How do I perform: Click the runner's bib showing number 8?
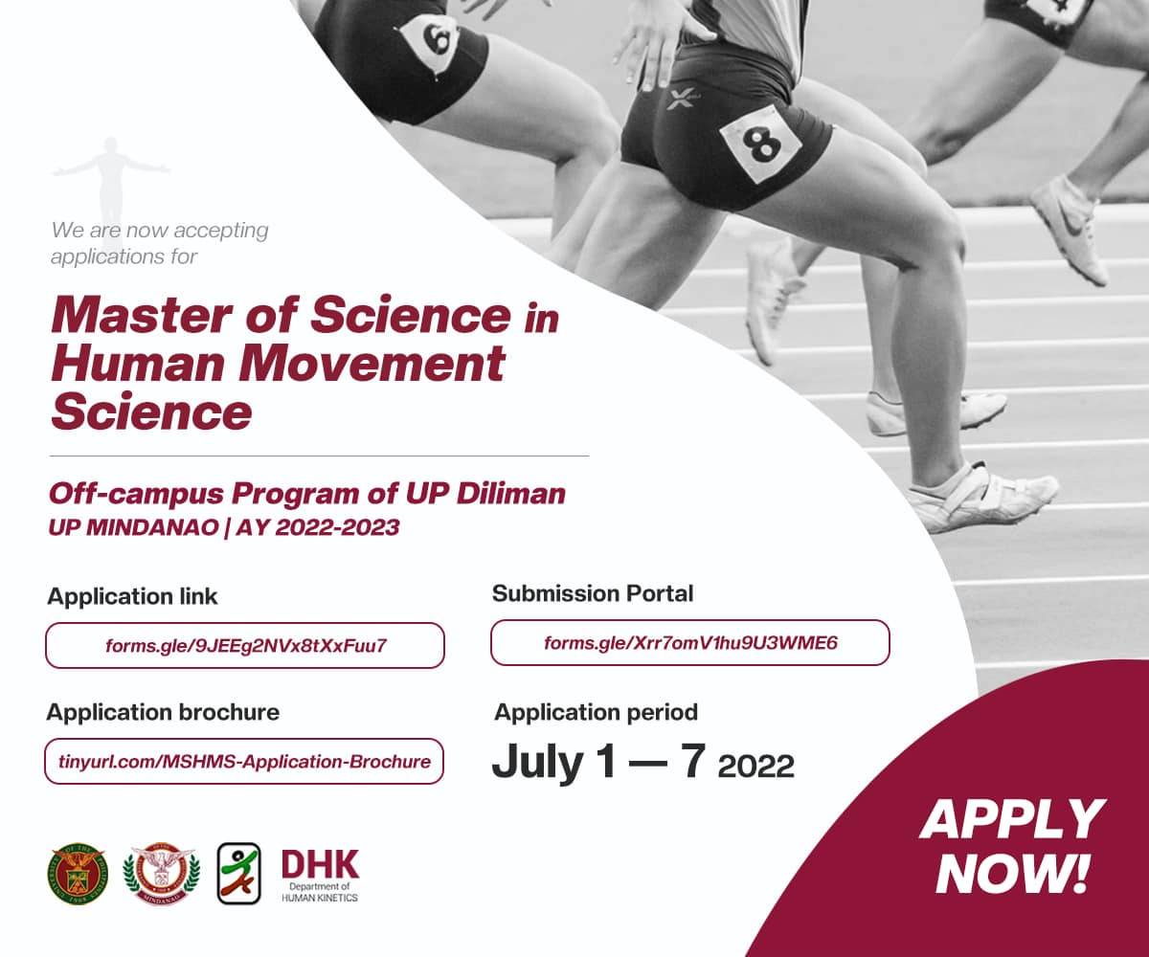tap(761, 145)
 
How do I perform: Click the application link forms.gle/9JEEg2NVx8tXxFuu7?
tap(245, 645)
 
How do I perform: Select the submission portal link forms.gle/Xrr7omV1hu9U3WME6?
tap(690, 642)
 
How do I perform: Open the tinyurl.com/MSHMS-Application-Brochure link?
tap(244, 761)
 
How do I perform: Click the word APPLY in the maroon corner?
tap(1012, 819)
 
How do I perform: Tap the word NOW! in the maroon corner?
tap(1012, 874)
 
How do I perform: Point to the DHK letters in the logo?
tap(320, 864)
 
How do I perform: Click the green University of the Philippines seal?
tap(78, 874)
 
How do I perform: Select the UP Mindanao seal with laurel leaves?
tap(161, 874)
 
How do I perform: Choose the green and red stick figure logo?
tap(238, 874)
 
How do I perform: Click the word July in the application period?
tap(537, 764)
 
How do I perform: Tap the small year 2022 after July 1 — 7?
tap(756, 767)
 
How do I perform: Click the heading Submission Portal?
tap(593, 593)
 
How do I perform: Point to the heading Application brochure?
tap(163, 712)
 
